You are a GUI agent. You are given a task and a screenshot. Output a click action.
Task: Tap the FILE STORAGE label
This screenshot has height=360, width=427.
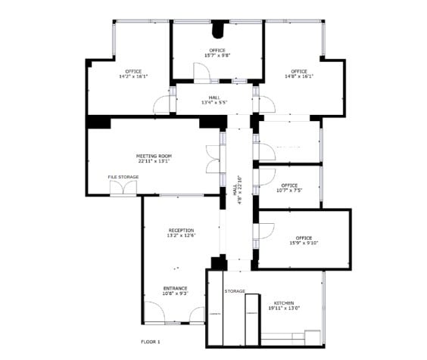[123, 177]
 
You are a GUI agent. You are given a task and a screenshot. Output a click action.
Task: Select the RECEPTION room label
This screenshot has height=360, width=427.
[181, 230]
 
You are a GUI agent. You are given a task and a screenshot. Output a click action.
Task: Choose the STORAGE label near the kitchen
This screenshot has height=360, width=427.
[235, 290]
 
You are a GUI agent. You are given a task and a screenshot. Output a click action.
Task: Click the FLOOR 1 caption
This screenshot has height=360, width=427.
[151, 342]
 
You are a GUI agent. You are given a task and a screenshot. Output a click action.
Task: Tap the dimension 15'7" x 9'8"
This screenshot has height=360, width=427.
[217, 56]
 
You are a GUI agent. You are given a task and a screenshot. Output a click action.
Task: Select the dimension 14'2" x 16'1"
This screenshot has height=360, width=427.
[133, 76]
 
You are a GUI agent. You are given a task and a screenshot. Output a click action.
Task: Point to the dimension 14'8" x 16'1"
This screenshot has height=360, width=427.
[299, 76]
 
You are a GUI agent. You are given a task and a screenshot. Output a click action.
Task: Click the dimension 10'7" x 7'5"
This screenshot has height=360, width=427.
[288, 191]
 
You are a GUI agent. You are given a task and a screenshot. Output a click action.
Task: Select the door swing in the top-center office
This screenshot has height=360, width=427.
[202, 73]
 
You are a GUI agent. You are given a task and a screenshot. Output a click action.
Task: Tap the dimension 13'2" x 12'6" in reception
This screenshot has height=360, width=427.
[181, 235]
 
